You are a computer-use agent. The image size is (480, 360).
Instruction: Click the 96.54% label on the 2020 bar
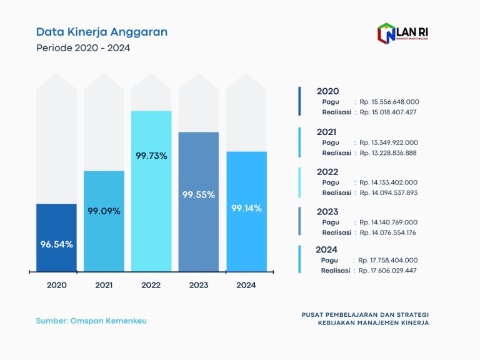[57, 244]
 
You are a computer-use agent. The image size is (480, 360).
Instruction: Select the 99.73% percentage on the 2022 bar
[151, 156]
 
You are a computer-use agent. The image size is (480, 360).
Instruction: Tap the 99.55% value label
[199, 194]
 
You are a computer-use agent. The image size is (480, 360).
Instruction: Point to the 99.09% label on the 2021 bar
[104, 211]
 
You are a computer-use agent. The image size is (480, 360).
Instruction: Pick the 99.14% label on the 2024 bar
[246, 207]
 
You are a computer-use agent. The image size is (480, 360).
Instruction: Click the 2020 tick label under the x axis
[57, 285]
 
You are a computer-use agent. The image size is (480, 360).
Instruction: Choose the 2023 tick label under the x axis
[199, 285]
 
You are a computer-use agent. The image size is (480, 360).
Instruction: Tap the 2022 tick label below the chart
[151, 285]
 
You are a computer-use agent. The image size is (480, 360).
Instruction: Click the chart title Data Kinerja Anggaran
[101, 32]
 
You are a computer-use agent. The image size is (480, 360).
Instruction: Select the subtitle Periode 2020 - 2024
[83, 47]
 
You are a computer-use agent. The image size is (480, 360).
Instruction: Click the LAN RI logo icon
[386, 32]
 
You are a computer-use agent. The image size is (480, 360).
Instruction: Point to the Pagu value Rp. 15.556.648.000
[389, 101]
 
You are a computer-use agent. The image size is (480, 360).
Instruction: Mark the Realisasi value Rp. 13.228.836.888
[388, 152]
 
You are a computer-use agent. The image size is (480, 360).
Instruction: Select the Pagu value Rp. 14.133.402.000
[389, 182]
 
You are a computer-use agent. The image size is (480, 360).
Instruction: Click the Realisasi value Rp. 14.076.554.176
[388, 232]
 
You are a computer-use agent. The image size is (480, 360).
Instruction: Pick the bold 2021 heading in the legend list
[327, 132]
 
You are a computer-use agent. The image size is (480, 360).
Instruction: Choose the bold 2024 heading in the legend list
[327, 249]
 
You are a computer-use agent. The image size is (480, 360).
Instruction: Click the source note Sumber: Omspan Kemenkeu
[91, 321]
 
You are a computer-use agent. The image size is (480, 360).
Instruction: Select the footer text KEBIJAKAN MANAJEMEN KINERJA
[373, 323]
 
